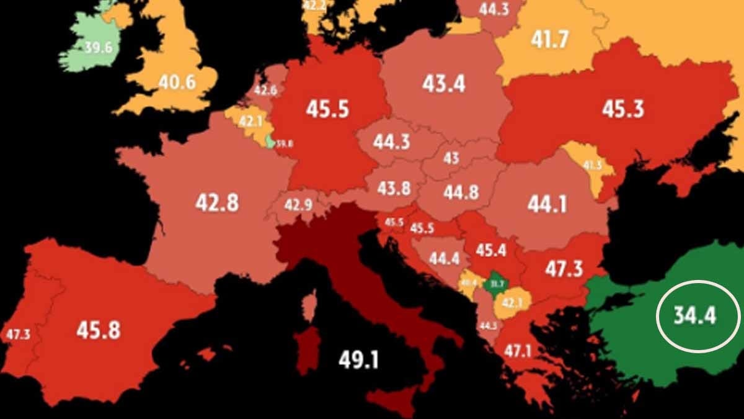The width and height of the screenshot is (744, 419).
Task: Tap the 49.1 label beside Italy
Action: point(358,359)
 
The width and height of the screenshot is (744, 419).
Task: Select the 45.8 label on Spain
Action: point(98,329)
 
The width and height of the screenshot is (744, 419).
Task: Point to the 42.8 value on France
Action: point(217,202)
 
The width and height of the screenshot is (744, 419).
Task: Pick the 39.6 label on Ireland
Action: point(97,47)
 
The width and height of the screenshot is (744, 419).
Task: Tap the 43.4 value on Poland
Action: point(443,84)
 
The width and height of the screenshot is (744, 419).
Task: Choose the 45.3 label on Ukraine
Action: point(623,109)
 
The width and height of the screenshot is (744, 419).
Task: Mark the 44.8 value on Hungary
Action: point(461,192)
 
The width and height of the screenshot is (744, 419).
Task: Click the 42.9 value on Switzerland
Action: point(298,204)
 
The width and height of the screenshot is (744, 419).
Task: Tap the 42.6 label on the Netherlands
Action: point(265,89)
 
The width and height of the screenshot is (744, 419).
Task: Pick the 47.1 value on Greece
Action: point(517,350)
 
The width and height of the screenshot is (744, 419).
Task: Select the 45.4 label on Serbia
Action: point(491,250)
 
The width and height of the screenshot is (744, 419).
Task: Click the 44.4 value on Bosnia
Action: point(444,258)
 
